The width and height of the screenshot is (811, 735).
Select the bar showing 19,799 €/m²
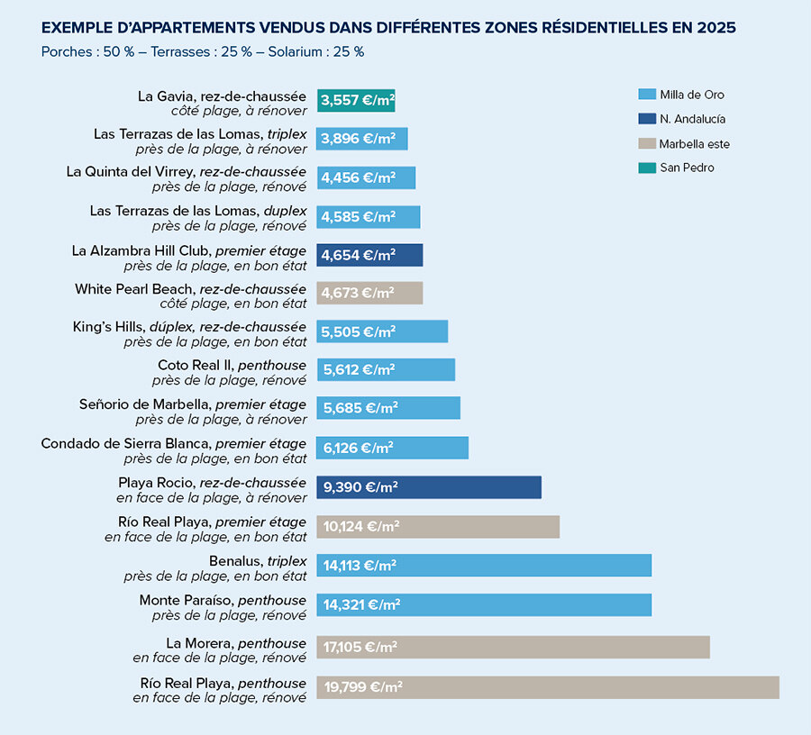coord(548,687)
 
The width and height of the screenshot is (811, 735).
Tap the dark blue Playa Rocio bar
coord(429,487)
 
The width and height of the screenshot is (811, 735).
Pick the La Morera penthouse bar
coord(513,647)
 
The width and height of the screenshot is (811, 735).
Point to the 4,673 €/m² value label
coord(357,293)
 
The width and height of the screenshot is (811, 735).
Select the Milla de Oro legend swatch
coord(645,95)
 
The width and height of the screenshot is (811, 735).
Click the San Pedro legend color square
coord(645,168)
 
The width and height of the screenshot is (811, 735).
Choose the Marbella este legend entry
coord(694,143)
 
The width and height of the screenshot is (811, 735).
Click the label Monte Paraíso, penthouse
coord(223,601)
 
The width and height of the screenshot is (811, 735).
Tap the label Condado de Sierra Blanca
coord(174,443)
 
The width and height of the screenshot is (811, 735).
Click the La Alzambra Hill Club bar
coord(369,255)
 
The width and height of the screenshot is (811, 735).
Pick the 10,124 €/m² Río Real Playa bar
coord(438,527)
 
